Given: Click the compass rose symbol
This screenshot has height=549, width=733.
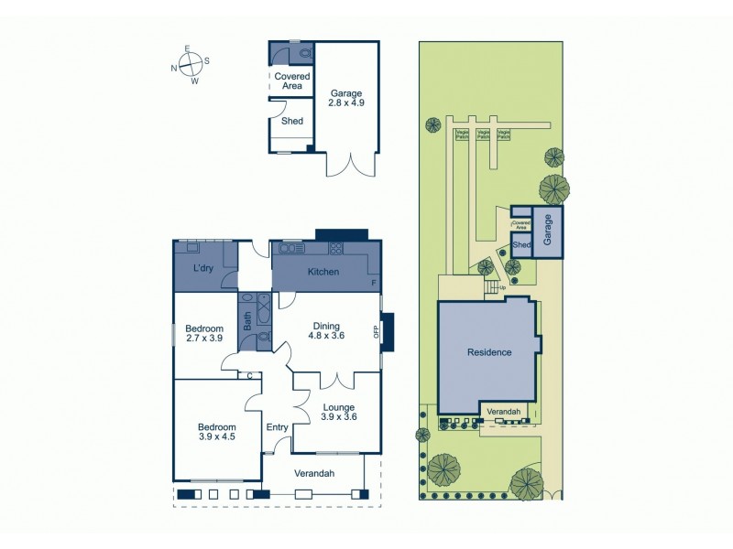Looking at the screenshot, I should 190,64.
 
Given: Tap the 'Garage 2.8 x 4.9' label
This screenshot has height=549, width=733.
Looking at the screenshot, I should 347,99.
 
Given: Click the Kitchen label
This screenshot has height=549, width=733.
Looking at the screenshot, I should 323,272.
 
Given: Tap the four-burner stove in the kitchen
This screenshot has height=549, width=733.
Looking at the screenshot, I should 336,247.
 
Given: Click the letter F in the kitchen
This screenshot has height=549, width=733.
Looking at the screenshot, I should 374,284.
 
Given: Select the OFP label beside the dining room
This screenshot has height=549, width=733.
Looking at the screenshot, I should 376,332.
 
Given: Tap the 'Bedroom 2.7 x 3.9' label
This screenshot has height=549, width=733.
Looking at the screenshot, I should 203,334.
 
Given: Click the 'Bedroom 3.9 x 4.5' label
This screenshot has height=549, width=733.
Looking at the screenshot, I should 217,433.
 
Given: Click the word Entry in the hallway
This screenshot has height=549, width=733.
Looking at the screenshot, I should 277,427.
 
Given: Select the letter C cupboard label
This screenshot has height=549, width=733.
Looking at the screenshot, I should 249,375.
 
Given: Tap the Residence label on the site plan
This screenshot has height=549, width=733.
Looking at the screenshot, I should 489,352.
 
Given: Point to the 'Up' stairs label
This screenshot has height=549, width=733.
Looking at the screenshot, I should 502,287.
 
